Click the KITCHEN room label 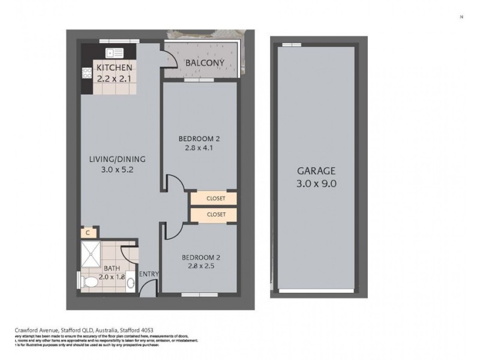pyautogui.click(x=114, y=68)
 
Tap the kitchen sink pyautogui.click(x=113, y=52)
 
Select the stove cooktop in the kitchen pyautogui.click(x=86, y=72)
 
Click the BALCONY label pyautogui.click(x=205, y=63)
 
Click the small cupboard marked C pyautogui.click(x=88, y=232)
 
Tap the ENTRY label pyautogui.click(x=148, y=274)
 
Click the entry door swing pyautogui.click(x=146, y=289)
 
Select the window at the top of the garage pyautogui.click(x=292, y=44)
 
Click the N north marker pyautogui.click(x=461, y=17)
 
